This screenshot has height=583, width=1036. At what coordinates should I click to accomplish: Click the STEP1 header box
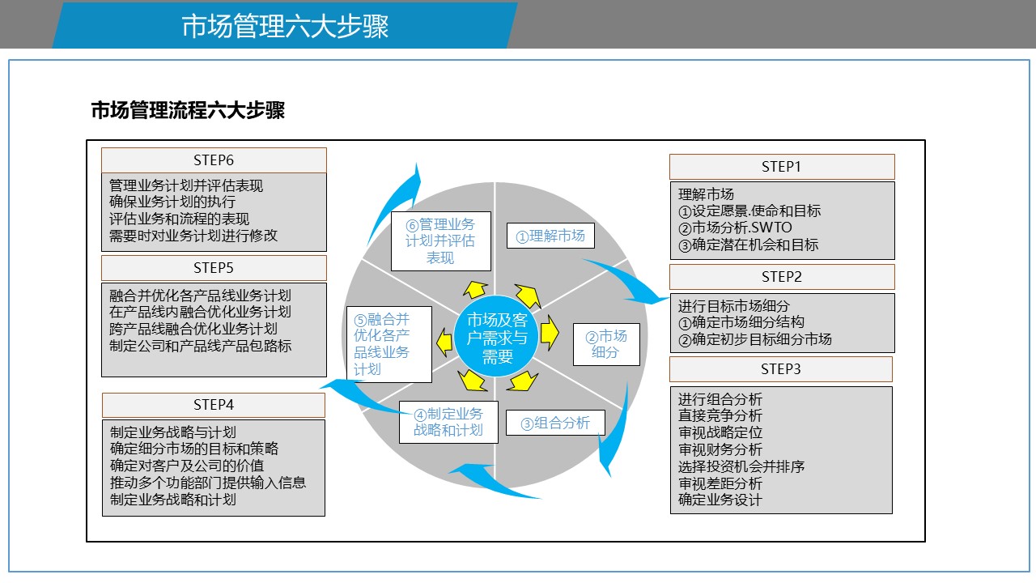782,167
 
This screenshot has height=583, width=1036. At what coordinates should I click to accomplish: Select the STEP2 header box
782,277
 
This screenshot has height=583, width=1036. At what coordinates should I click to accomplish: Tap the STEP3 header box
781,369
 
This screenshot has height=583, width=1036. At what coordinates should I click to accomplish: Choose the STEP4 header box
214,406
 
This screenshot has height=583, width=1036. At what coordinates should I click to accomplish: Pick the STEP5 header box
214,268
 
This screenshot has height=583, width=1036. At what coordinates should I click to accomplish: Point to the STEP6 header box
214,160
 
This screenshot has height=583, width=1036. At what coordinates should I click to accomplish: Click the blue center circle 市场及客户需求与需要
497,338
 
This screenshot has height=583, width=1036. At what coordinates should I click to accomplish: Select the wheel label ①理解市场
550,236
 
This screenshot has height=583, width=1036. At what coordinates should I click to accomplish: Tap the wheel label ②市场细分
606,344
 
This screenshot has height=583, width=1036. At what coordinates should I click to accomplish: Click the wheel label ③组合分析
555,423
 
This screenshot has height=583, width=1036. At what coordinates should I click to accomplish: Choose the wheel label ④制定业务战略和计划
448,422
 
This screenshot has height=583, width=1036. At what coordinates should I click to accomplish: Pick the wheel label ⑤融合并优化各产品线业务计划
389,344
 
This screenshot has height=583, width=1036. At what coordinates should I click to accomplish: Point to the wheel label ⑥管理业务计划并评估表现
441,241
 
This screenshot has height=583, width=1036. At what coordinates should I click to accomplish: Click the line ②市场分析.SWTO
735,228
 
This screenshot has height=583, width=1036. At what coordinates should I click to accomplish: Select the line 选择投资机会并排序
741,466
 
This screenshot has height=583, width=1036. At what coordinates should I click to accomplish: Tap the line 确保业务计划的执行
172,202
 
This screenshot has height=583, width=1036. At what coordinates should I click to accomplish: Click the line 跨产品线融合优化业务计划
193,329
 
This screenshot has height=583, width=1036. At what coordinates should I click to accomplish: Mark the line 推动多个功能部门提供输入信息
208,483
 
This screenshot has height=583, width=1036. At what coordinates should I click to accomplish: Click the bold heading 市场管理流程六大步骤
188,111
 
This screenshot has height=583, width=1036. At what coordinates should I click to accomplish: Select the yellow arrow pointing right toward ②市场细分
550,332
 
